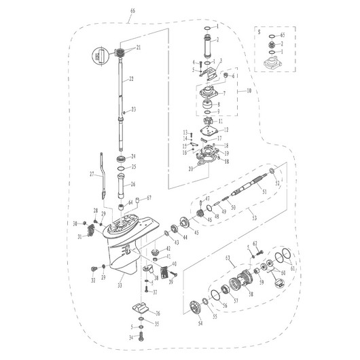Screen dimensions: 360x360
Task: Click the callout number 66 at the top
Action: (x=132, y=12)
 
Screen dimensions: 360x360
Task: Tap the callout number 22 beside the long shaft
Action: (x=132, y=79)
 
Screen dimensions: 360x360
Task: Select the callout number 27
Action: (x=92, y=174)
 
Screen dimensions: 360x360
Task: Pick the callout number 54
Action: (x=200, y=324)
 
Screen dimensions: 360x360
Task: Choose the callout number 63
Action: (x=229, y=259)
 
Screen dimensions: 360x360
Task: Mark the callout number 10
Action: (x=249, y=90)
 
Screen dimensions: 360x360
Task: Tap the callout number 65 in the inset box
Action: (x=283, y=34)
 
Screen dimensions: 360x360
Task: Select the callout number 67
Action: (x=149, y=198)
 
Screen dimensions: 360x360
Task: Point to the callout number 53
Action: (x=253, y=217)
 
